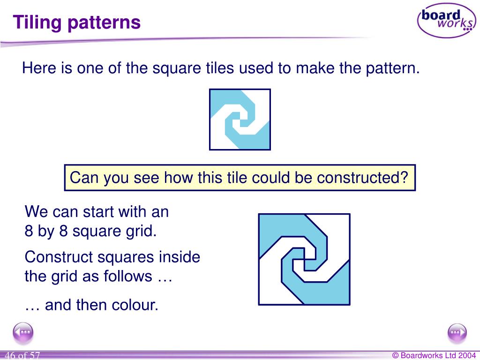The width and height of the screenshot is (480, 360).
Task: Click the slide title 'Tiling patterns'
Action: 77,22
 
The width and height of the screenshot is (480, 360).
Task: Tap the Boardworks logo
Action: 446,20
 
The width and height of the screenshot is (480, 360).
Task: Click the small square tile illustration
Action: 240,120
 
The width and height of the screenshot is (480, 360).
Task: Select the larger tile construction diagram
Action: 304,259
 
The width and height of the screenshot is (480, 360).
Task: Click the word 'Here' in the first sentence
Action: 39,69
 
